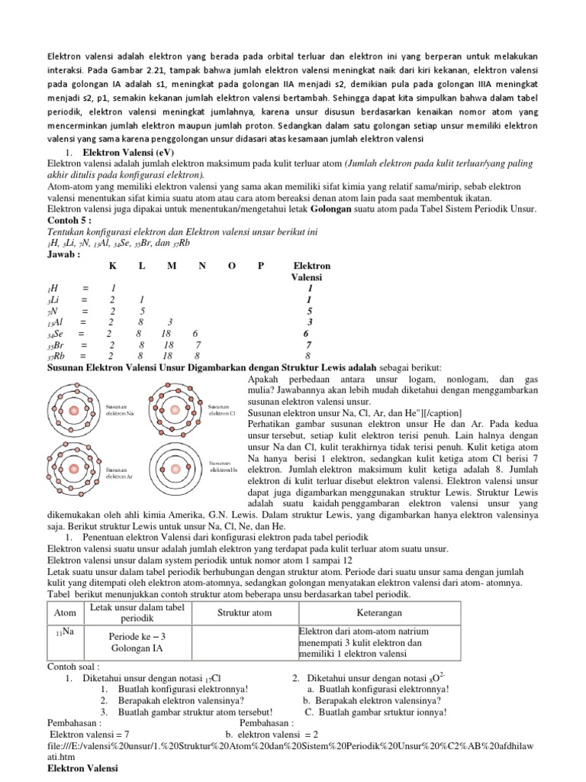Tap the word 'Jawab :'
[x=65, y=254]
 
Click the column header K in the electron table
[x=112, y=266]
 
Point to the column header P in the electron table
[x=261, y=266]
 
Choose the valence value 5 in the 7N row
[x=309, y=312]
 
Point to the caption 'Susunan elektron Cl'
[x=221, y=410]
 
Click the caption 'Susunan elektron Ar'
[x=118, y=472]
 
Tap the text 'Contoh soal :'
[x=75, y=666]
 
